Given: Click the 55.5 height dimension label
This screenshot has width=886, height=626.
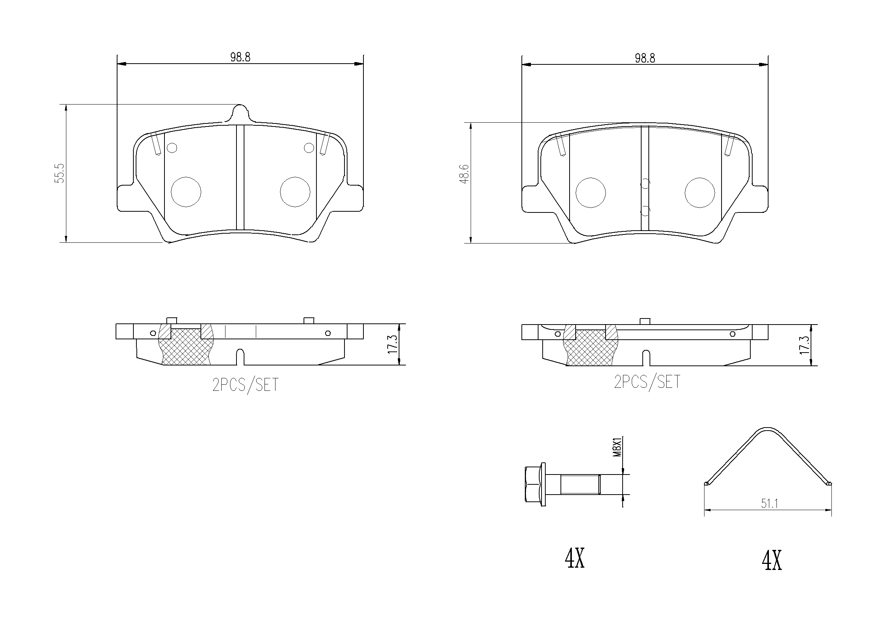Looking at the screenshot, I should (x=61, y=173).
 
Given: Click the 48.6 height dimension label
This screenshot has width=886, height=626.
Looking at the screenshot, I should (x=465, y=173).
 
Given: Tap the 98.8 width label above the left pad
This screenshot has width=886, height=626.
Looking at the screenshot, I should (x=240, y=57).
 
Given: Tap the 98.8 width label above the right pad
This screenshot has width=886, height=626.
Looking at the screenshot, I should (x=645, y=58).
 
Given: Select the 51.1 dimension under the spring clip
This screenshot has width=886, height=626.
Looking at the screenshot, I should (x=769, y=503).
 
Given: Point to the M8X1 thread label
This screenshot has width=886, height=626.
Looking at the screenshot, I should (x=617, y=447).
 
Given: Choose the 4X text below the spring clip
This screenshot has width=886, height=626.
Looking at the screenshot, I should (x=772, y=561).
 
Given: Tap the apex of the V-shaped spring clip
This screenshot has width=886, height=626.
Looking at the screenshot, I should (x=767, y=429).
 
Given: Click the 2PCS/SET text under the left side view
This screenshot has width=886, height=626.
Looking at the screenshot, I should (x=246, y=385).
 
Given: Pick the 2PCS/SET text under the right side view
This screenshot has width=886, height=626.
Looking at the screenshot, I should (x=647, y=382).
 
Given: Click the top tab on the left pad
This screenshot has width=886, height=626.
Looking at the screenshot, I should (x=240, y=112).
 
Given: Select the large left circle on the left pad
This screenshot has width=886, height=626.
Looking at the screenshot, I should (x=186, y=192).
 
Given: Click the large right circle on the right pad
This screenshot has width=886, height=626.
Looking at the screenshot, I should (x=700, y=192).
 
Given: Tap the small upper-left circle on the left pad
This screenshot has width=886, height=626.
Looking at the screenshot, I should (x=172, y=148).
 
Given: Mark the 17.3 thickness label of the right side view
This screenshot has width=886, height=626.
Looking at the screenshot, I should (x=804, y=345).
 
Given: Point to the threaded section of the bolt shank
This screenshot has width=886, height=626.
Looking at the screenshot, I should (x=579, y=484).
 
